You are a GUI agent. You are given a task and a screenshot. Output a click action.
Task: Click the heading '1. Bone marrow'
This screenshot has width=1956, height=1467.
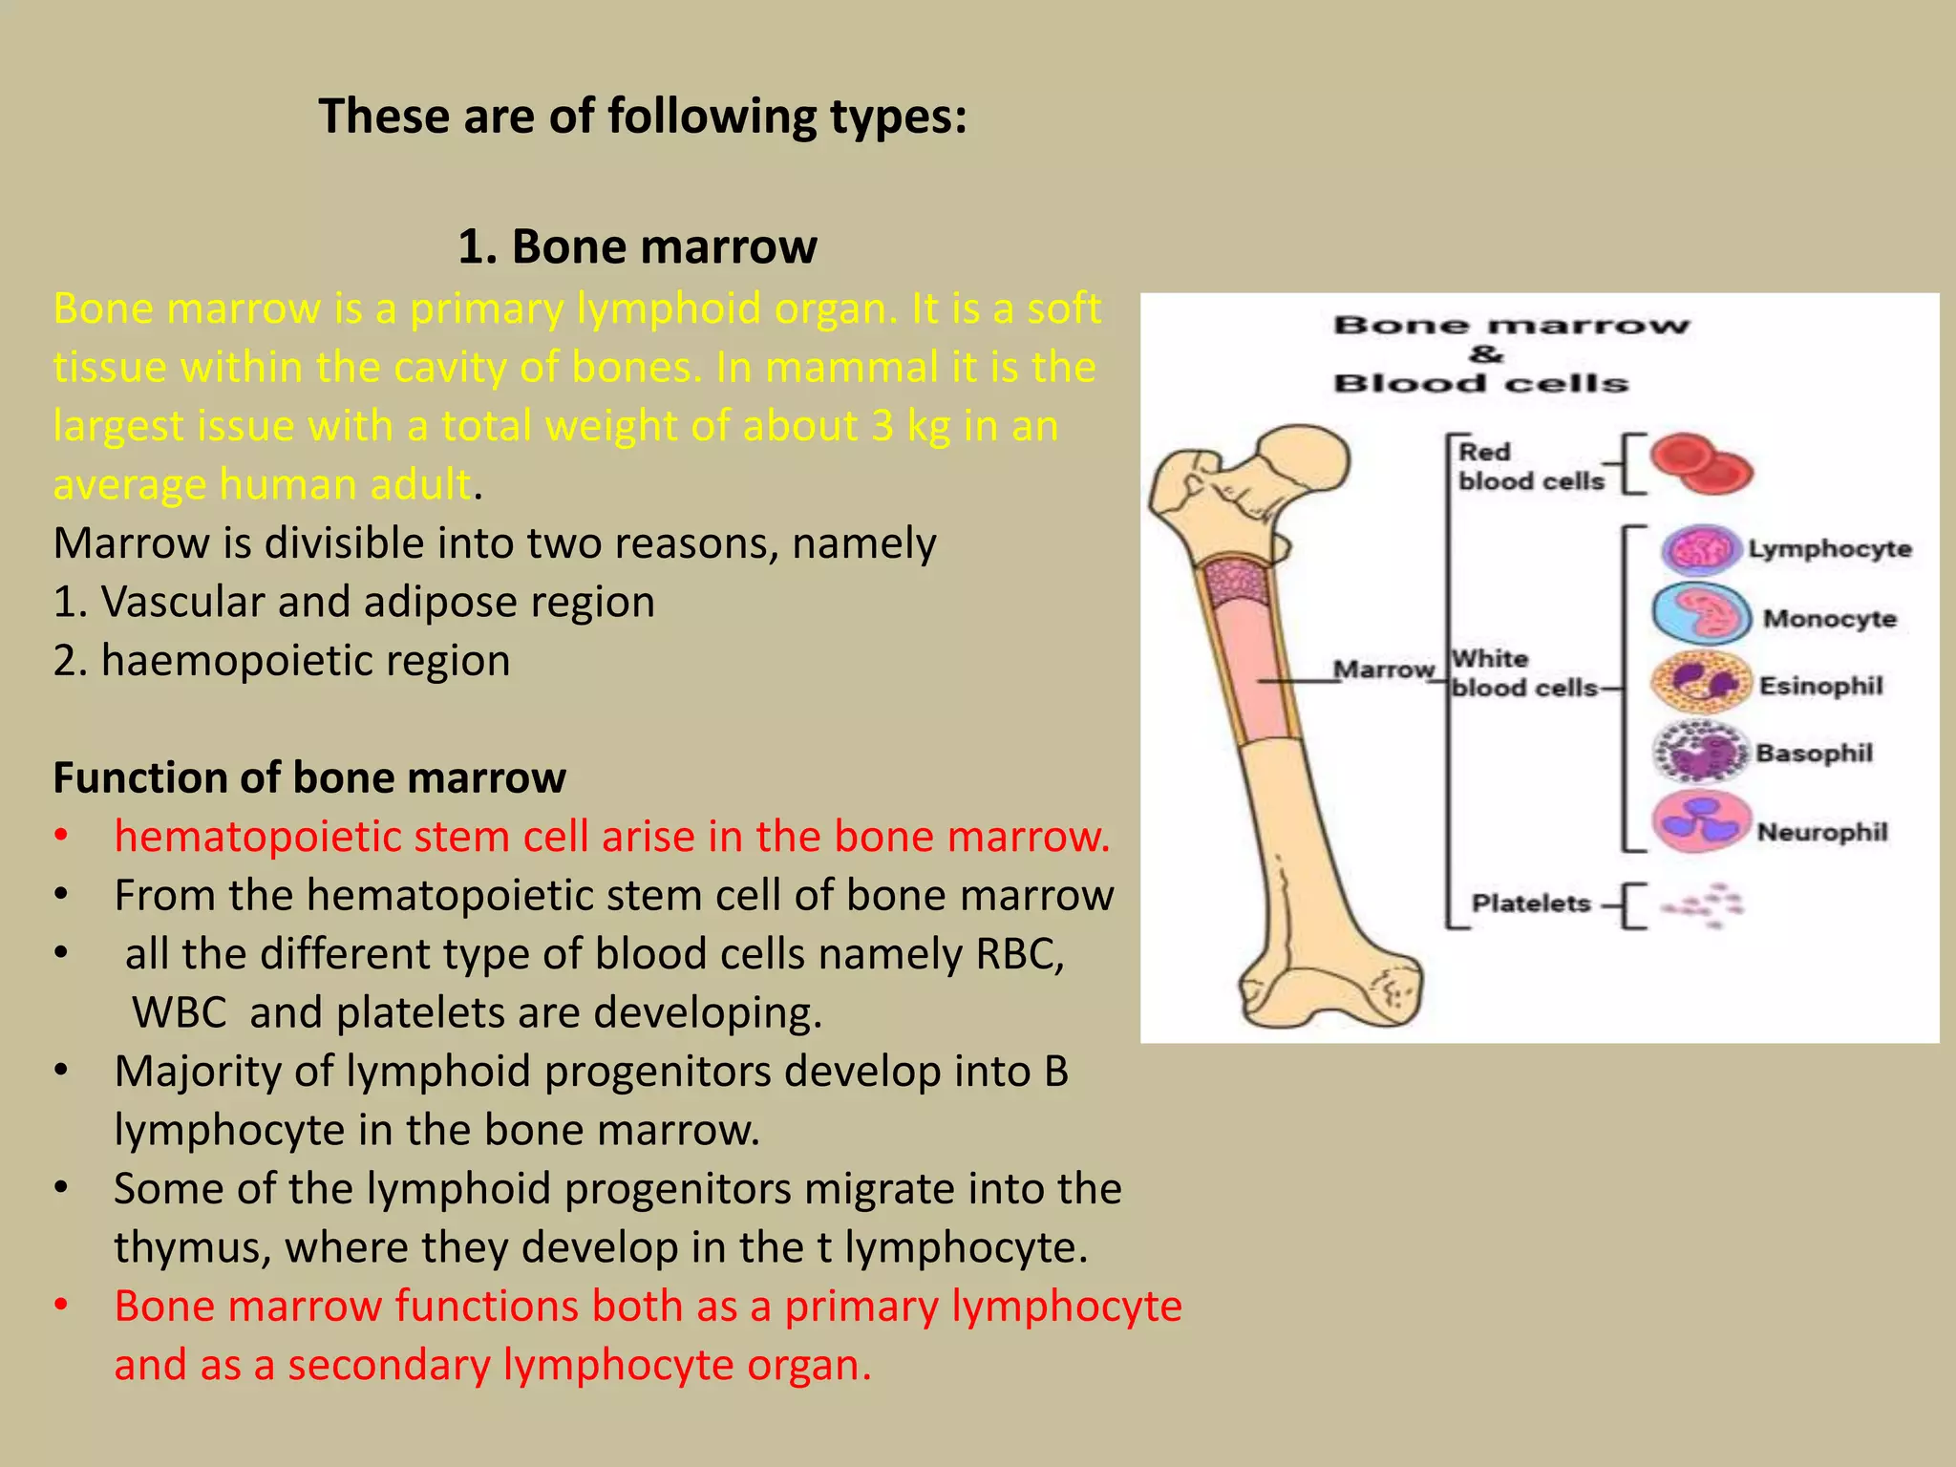[x=637, y=246]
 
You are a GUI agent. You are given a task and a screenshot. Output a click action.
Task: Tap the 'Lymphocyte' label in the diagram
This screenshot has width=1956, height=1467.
[x=1829, y=549]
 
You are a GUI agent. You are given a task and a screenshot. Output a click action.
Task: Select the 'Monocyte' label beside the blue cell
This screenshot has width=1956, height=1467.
[x=1829, y=619]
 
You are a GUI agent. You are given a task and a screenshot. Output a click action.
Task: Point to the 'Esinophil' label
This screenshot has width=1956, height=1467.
[x=1820, y=686]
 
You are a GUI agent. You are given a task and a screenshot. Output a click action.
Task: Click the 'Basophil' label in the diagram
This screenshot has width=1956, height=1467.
[x=1814, y=754]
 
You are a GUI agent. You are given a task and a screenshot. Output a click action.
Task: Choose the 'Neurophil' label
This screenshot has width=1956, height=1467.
[x=1821, y=832]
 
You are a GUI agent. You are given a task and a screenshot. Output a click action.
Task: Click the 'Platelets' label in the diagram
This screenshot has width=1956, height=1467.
[x=1530, y=904]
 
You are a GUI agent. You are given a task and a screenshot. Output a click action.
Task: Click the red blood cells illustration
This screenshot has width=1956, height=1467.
[x=1700, y=464]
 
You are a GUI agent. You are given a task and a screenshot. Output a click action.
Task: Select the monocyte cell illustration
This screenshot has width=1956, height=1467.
[x=1700, y=614]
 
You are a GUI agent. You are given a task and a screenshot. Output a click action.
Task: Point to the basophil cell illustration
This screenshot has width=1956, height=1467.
[x=1700, y=753]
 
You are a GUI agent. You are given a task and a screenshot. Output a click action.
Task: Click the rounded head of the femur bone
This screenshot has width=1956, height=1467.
[x=1304, y=463]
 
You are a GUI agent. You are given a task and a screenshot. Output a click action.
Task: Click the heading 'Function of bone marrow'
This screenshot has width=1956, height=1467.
[x=309, y=777]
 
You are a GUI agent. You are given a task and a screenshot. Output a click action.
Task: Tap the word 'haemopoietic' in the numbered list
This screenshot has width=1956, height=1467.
[x=221, y=661]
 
